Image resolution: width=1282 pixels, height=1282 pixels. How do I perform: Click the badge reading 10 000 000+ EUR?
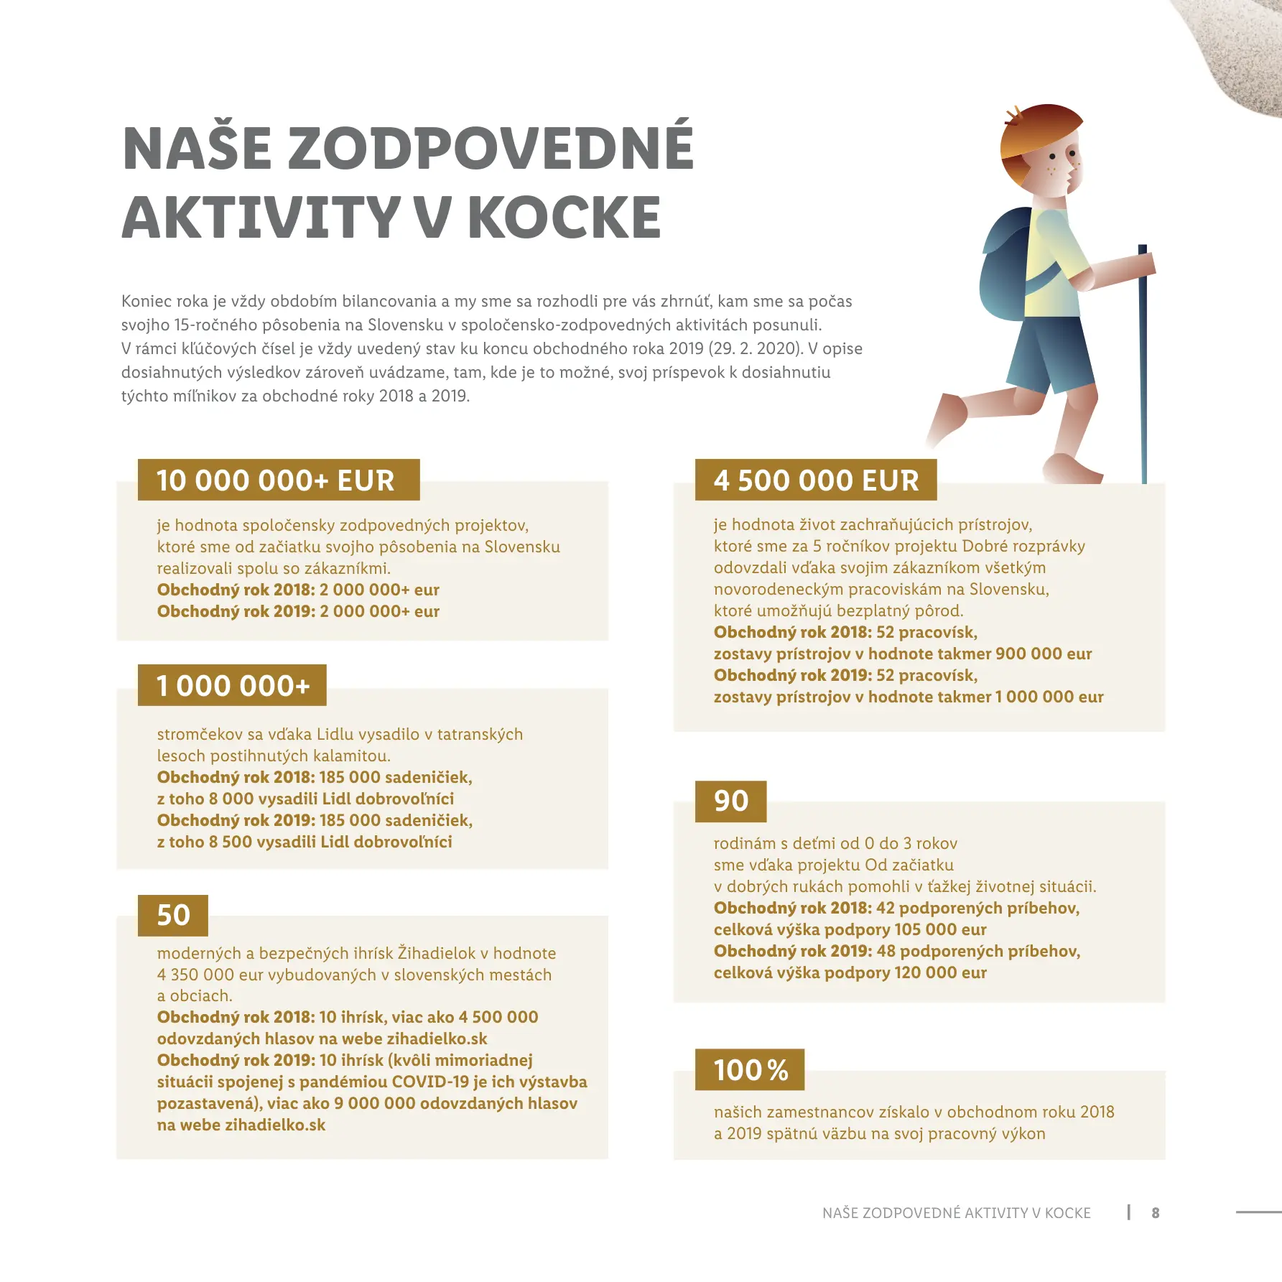(278, 480)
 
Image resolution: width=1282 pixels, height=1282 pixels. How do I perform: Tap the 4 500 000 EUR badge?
(815, 480)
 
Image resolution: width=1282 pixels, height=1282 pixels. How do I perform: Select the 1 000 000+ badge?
(232, 685)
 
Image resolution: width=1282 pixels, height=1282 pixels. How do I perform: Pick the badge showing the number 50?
(173, 915)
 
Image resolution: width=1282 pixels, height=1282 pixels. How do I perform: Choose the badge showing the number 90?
(730, 801)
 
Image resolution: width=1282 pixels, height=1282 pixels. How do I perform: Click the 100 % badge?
(750, 1069)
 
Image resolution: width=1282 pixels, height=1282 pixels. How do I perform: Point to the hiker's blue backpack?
(1005, 266)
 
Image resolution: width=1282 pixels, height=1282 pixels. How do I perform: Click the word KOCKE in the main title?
(564, 218)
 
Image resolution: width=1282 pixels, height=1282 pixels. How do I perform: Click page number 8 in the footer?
(1155, 1213)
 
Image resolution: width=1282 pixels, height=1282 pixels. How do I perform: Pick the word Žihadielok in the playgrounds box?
(437, 953)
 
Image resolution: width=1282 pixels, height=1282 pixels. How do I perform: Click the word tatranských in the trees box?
(480, 734)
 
